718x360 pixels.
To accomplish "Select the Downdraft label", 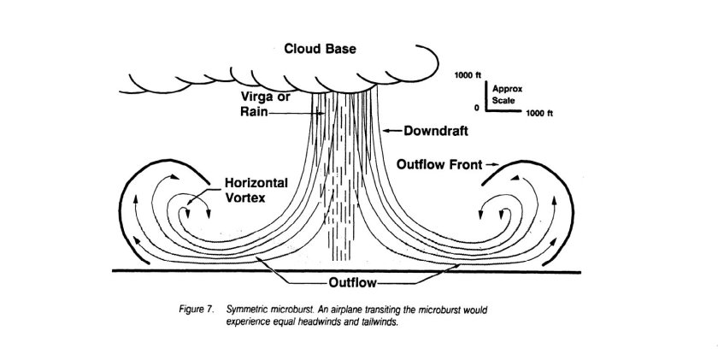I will click(425, 131).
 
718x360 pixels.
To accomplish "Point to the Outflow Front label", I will click(437, 162).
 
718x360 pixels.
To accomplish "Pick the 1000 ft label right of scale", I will click(539, 113).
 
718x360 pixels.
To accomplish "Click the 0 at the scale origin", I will click(476, 109).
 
